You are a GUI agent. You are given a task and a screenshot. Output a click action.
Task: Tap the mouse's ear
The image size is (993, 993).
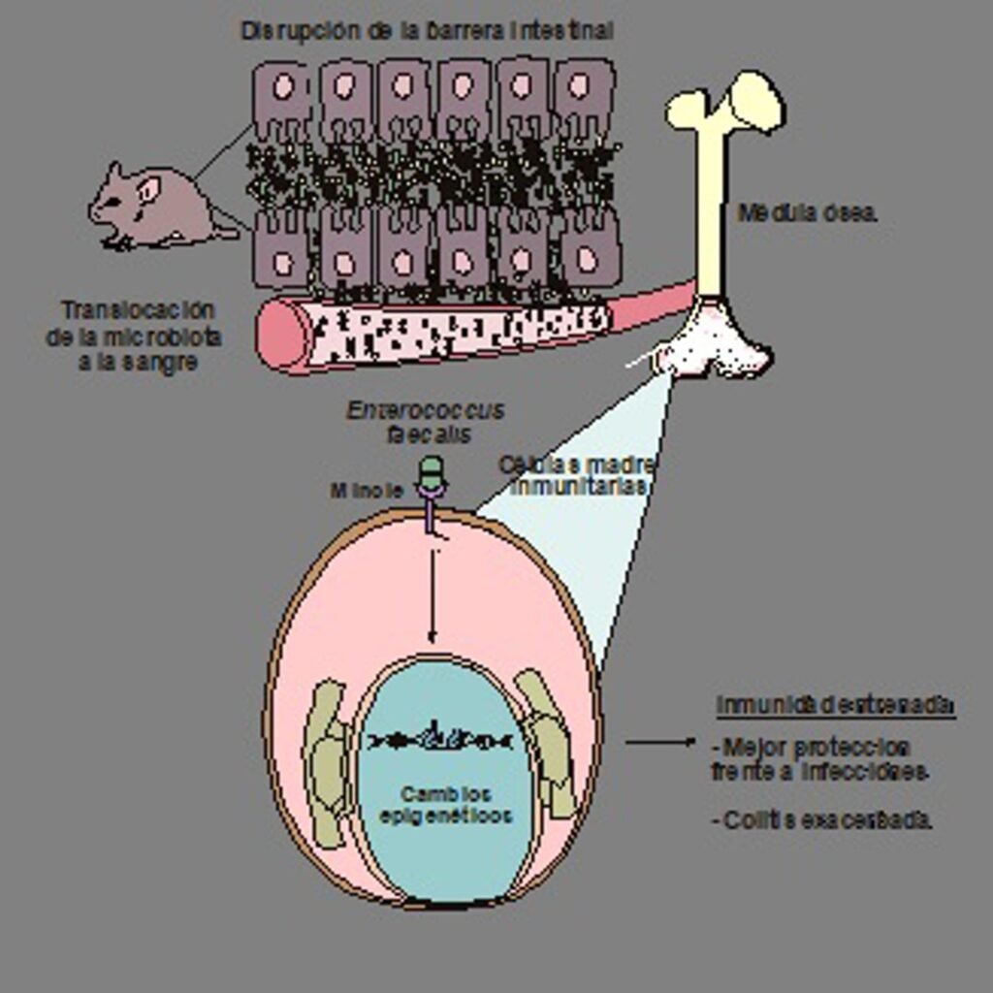(147, 189)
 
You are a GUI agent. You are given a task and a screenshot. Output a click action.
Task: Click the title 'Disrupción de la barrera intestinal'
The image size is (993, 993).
(427, 31)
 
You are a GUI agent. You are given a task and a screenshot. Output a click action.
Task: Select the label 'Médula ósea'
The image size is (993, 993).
(807, 213)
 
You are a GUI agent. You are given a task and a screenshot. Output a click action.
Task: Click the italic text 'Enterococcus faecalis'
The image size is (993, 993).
(427, 422)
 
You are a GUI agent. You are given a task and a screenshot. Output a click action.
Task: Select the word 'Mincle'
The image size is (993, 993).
(366, 491)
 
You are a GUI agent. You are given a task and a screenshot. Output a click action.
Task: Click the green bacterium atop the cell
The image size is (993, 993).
(431, 473)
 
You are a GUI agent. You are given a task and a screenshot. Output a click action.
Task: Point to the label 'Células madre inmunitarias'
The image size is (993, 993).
(578, 475)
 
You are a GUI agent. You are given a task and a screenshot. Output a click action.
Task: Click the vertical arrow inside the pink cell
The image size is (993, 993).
(432, 592)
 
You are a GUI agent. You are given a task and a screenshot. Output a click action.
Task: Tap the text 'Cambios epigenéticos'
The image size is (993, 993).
(445, 805)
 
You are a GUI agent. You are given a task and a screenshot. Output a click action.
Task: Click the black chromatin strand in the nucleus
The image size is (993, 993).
(441, 740)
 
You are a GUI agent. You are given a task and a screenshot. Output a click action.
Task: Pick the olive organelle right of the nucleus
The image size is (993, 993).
(548, 742)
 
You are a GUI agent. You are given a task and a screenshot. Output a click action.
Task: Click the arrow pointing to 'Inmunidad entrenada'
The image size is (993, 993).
(659, 743)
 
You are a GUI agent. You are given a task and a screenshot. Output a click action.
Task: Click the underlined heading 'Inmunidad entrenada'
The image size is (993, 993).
(835, 706)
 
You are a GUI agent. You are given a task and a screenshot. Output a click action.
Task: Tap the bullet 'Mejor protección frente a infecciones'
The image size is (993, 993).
(820, 759)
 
